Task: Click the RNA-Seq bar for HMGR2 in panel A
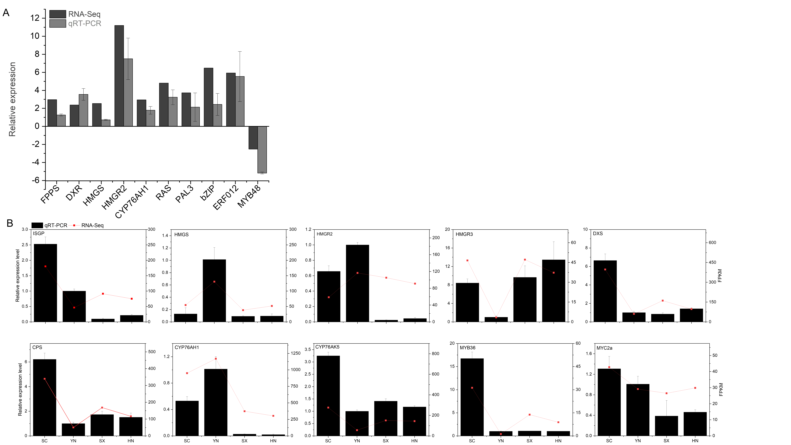coord(119,76)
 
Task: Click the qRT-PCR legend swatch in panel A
coord(58,23)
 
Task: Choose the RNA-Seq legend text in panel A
coord(84,14)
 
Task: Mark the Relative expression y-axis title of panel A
coord(12,99)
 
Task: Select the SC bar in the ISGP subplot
coord(45,283)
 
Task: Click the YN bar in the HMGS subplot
coord(214,291)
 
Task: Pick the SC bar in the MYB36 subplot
coord(472,397)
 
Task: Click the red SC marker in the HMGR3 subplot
coord(467,260)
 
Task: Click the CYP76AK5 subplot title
coord(327,347)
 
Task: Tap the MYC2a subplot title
coord(604,348)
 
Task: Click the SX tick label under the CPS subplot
coord(102,441)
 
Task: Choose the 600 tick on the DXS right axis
coord(712,243)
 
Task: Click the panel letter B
coord(10,223)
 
